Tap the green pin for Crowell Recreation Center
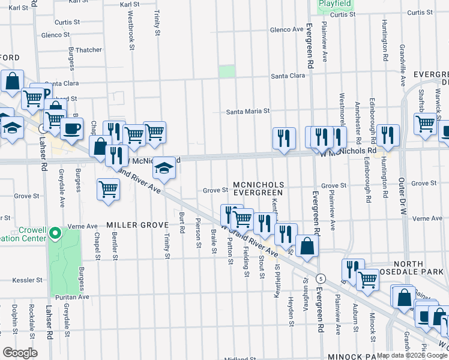click(x=55, y=233)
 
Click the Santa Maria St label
click(x=248, y=111)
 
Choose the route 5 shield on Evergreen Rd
click(x=322, y=278)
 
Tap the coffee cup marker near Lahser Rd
click(x=73, y=128)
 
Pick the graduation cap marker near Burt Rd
click(x=164, y=169)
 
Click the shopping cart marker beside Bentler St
click(x=108, y=189)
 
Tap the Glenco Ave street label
click(x=287, y=29)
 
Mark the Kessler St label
click(x=28, y=280)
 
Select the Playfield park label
click(x=336, y=3)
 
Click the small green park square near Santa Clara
click(x=227, y=72)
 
